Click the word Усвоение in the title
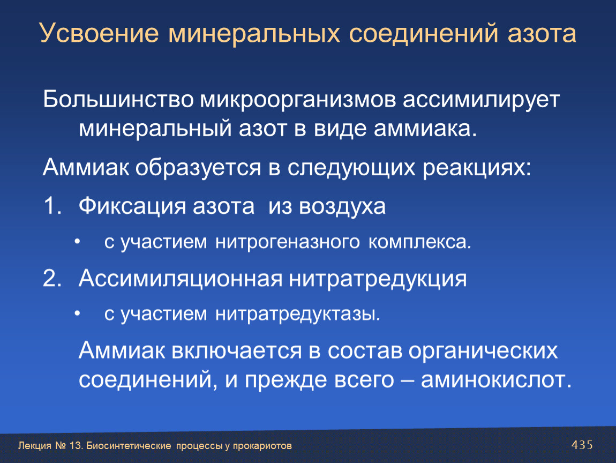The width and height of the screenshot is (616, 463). coord(99,33)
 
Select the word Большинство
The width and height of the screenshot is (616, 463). coord(118,99)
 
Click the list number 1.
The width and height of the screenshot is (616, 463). coord(52,206)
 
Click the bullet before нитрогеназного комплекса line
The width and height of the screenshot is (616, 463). coord(77,242)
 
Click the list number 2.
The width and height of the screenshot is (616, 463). coord(52,278)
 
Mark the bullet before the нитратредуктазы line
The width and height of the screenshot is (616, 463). coord(77,313)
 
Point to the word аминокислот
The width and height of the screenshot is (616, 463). coord(496,380)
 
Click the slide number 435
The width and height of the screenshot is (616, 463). coord(582,445)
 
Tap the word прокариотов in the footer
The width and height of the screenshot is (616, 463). coord(262,446)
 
